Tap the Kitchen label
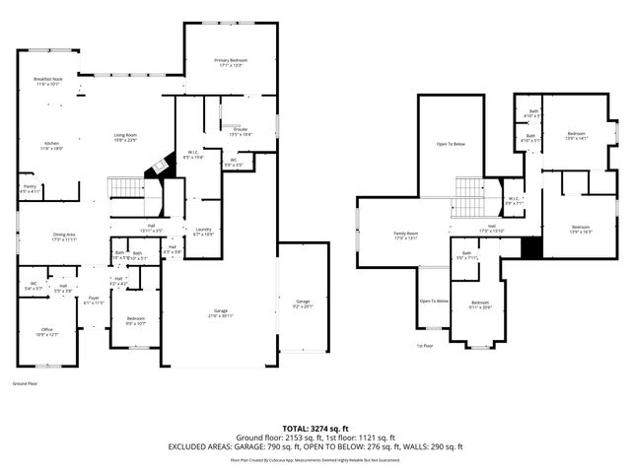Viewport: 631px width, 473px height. coord(51,145)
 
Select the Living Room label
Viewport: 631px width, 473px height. coord(124,137)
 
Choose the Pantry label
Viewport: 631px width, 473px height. coord(30,188)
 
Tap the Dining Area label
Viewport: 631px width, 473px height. coord(64,237)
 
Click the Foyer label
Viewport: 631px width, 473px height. coord(94,300)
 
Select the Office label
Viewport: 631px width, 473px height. coord(46,332)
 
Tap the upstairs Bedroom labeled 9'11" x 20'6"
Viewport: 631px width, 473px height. coord(479,304)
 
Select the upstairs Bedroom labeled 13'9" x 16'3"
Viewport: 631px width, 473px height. coord(581,230)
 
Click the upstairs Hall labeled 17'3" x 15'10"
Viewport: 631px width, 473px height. coord(490,231)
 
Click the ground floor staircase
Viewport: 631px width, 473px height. coord(126,187)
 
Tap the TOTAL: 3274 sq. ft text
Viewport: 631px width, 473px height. coord(315,429)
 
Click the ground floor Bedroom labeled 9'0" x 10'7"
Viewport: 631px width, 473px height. coord(135,320)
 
